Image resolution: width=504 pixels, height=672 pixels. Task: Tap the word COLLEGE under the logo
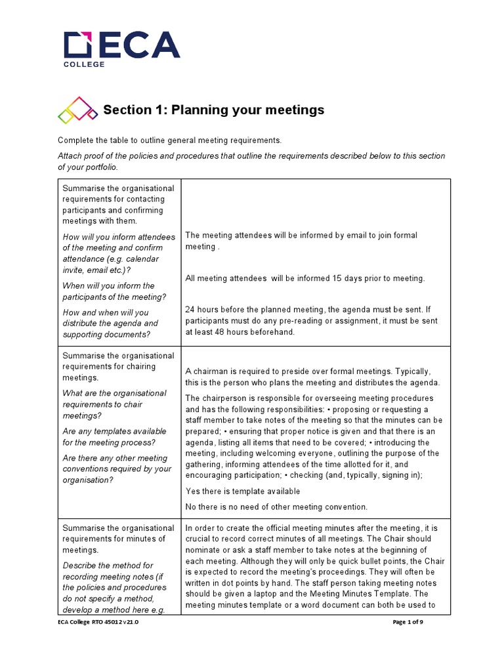(x=83, y=64)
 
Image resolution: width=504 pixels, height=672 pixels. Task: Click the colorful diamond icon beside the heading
(x=77, y=110)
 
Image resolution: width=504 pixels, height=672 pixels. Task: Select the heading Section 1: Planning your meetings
(x=214, y=110)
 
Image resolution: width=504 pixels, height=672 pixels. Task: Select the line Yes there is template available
(x=243, y=492)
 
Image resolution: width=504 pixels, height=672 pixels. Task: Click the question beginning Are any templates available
(x=114, y=437)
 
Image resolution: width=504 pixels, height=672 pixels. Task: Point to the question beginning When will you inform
(x=108, y=291)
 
